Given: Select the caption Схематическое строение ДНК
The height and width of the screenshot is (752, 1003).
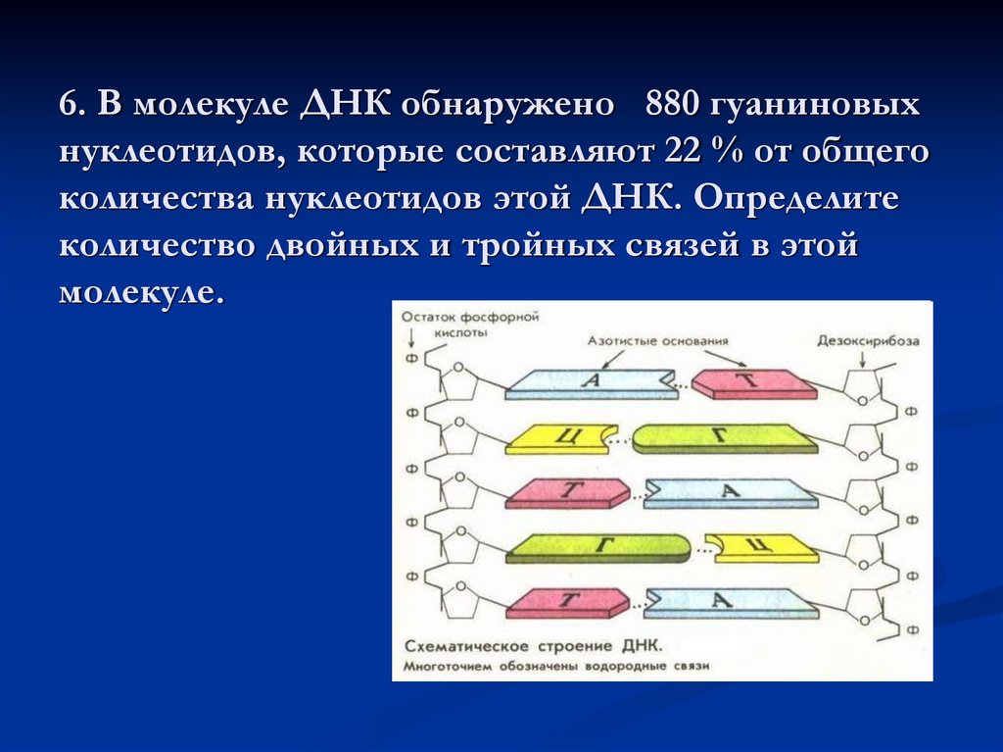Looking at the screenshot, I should coord(534,648).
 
